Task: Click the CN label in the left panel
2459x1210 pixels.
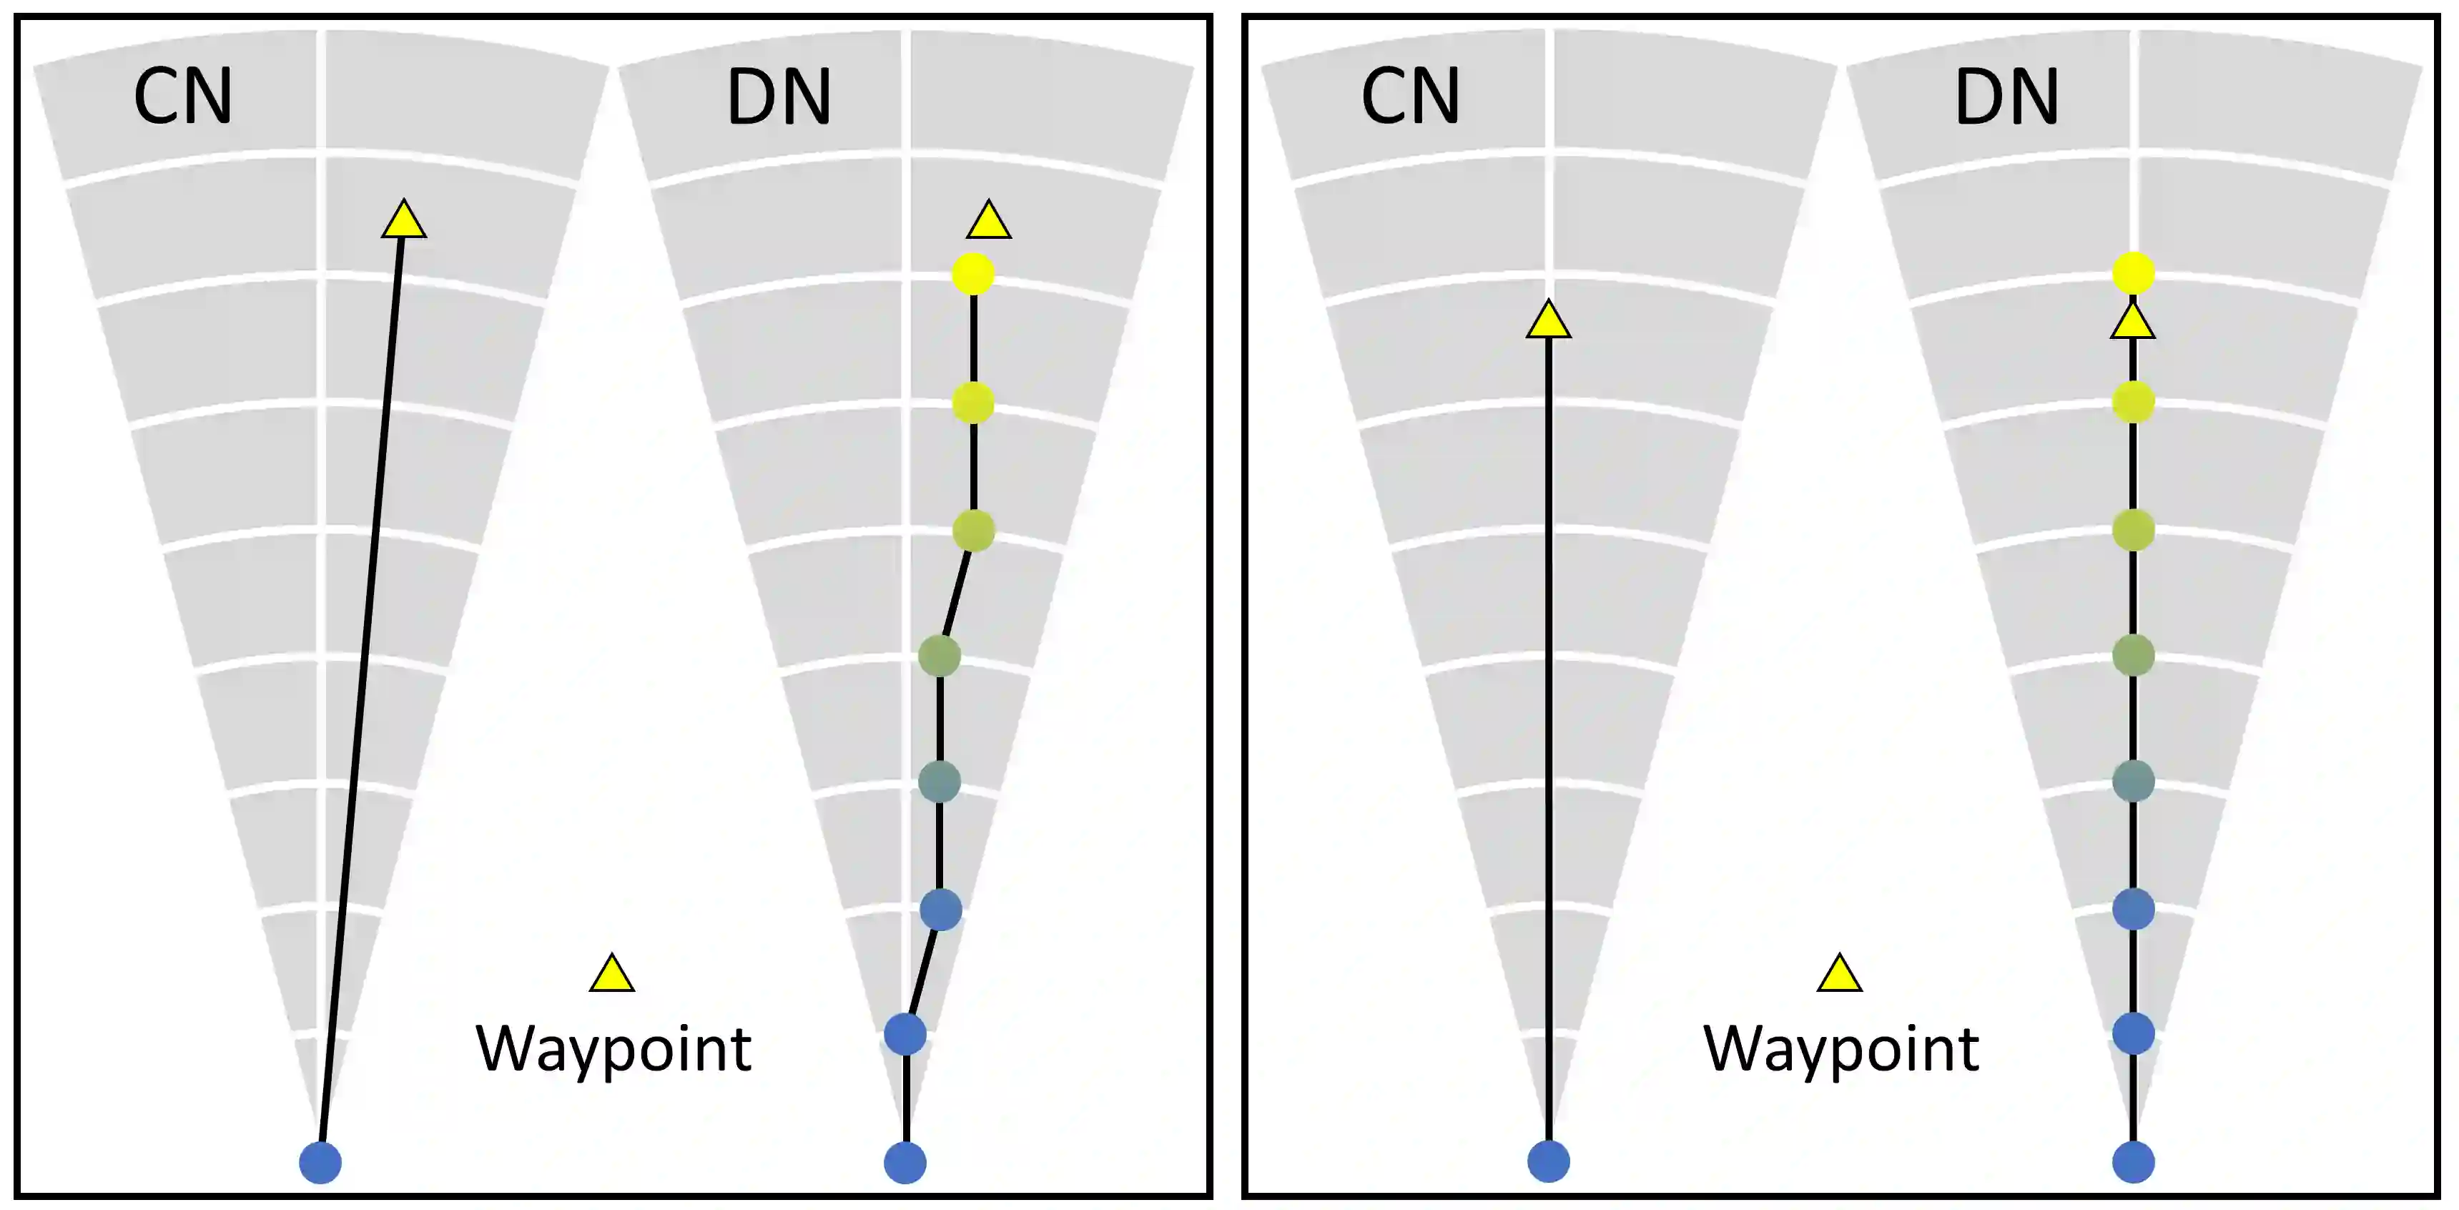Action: click(182, 97)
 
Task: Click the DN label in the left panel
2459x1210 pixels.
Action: click(779, 97)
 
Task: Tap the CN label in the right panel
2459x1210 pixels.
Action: click(1410, 97)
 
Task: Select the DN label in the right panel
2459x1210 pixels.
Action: click(2006, 97)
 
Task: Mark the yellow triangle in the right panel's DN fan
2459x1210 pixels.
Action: click(2132, 323)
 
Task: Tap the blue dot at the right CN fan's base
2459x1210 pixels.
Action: click(1548, 1162)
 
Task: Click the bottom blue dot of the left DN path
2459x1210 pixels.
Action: click(905, 1162)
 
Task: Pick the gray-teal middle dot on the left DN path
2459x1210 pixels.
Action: click(940, 781)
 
